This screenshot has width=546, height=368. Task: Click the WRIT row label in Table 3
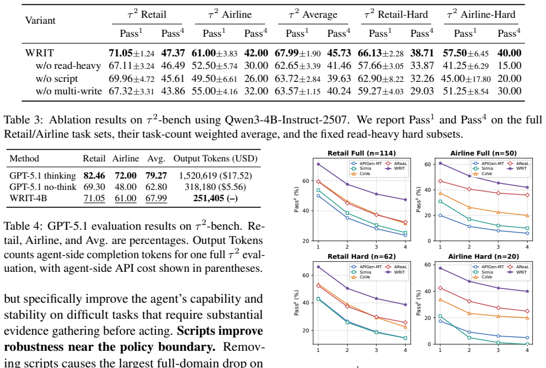pos(39,53)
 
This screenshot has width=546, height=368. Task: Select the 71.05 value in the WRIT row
pos(120,53)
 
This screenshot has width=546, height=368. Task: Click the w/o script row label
pos(57,79)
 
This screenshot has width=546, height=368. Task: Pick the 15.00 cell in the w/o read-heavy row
pos(509,66)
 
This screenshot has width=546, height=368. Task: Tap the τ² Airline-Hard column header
pos(481,14)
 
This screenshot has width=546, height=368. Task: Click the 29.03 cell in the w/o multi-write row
pos(422,91)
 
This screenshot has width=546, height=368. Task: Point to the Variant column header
pos(40,20)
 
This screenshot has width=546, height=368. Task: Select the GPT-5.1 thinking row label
pos(43,176)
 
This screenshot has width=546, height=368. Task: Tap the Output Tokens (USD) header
pos(215,158)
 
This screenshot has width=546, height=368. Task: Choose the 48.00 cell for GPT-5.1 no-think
pos(125,187)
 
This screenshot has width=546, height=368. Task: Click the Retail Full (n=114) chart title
pos(361,153)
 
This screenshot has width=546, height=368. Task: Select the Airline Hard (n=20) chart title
pos(483,256)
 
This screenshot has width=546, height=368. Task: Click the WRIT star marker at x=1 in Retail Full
pos(318,164)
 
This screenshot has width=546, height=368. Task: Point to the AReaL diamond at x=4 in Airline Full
pos(527,195)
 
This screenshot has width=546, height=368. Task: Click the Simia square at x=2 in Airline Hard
pos(469,338)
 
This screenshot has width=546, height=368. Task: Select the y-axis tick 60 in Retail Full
pos(306,181)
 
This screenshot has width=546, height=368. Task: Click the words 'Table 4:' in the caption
pos(24,226)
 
